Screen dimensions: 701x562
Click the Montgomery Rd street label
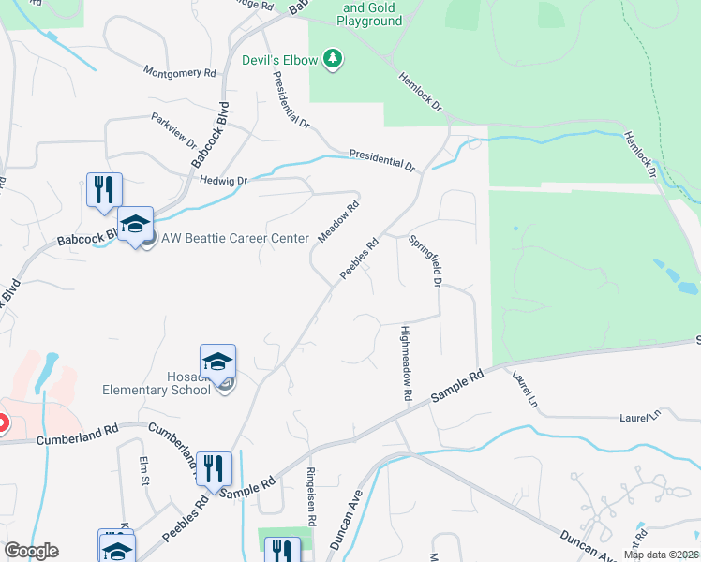pyautogui.click(x=180, y=72)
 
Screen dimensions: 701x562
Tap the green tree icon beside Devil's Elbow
pyautogui.click(x=333, y=60)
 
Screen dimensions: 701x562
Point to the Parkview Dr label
pyautogui.click(x=173, y=131)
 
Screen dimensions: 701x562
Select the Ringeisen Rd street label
pyautogui.click(x=311, y=495)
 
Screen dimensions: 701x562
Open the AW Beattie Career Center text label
pyautogui.click(x=235, y=238)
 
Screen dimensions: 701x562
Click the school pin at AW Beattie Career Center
pyautogui.click(x=135, y=225)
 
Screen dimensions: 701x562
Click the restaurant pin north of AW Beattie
pyautogui.click(x=104, y=190)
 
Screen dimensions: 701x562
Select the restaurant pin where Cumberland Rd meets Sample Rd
pyautogui.click(x=214, y=470)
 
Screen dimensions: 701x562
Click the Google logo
pyautogui.click(x=31, y=551)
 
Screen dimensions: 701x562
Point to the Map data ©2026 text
pyautogui.click(x=661, y=555)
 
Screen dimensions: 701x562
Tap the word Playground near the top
pyautogui.click(x=369, y=21)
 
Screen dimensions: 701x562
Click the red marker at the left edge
pyautogui.click(x=2, y=424)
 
